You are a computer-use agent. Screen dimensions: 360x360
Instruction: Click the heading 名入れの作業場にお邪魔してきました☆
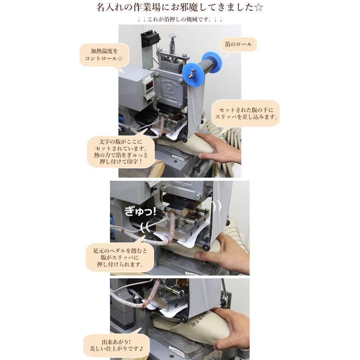click(180, 8)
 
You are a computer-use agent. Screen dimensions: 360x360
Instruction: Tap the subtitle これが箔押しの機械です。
click(180, 19)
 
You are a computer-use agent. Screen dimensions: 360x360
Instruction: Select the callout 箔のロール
click(238, 44)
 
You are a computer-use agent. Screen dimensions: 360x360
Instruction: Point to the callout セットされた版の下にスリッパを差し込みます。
click(246, 113)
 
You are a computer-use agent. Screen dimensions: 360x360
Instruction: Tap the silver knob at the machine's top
click(173, 38)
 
